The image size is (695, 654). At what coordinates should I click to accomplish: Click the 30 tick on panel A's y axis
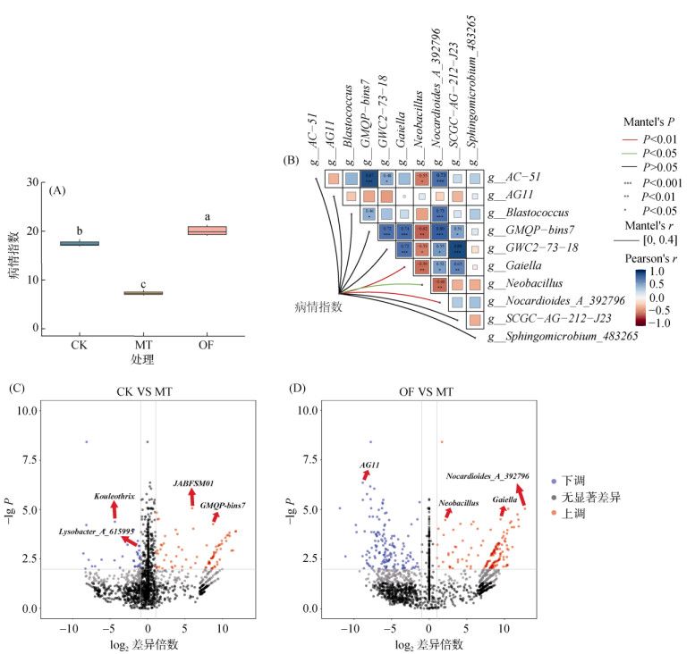pos(34,182)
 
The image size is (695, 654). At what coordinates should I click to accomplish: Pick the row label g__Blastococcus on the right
pos(531,214)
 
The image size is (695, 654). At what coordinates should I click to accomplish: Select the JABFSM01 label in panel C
pos(193,482)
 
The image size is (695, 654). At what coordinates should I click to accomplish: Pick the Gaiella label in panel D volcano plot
pos(506,501)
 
